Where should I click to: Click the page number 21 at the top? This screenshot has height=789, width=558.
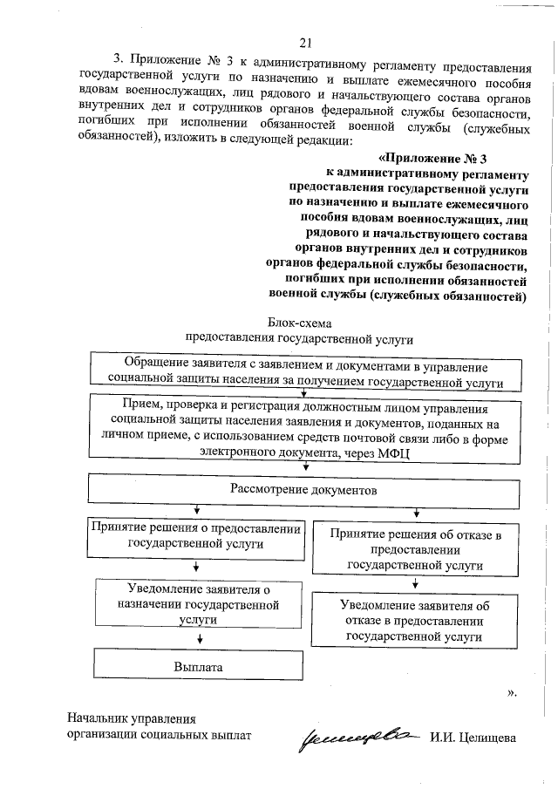click(x=304, y=42)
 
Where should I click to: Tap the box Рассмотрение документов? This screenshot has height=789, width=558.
click(x=303, y=490)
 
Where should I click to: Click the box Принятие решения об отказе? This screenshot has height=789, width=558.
click(x=414, y=549)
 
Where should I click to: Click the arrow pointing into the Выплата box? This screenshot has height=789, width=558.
click(x=200, y=639)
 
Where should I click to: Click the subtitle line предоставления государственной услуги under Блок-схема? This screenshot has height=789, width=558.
click(x=298, y=337)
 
